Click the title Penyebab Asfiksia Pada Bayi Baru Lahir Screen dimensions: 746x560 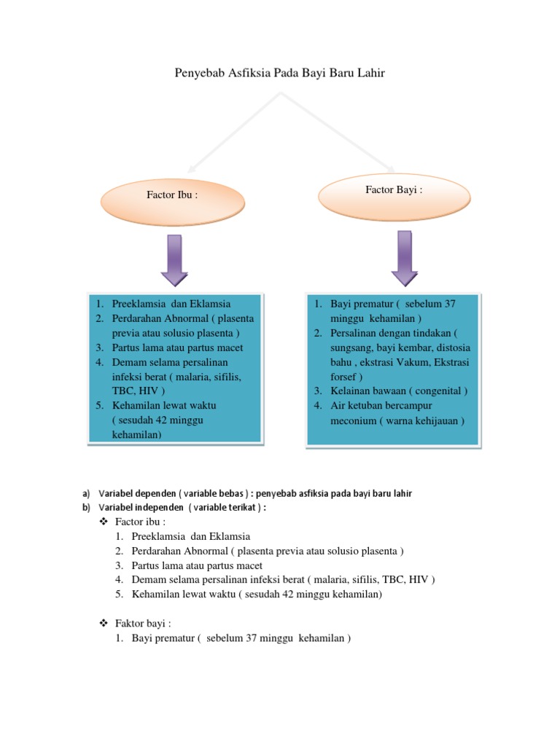(x=280, y=74)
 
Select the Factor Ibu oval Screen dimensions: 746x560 (x=172, y=200)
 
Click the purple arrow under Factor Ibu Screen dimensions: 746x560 (x=174, y=259)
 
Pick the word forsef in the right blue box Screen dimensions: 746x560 (x=345, y=377)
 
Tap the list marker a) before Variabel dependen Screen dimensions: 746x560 (x=85, y=493)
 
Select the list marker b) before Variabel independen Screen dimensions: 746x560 (x=85, y=508)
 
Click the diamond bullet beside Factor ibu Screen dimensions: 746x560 (x=102, y=522)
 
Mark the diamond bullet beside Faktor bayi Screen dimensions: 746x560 (x=102, y=624)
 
